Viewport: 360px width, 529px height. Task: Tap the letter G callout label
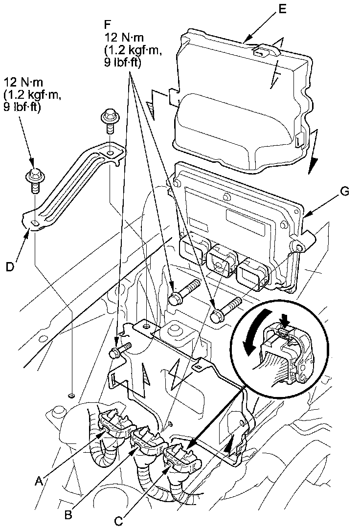point(345,192)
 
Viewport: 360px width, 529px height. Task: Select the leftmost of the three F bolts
point(118,351)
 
